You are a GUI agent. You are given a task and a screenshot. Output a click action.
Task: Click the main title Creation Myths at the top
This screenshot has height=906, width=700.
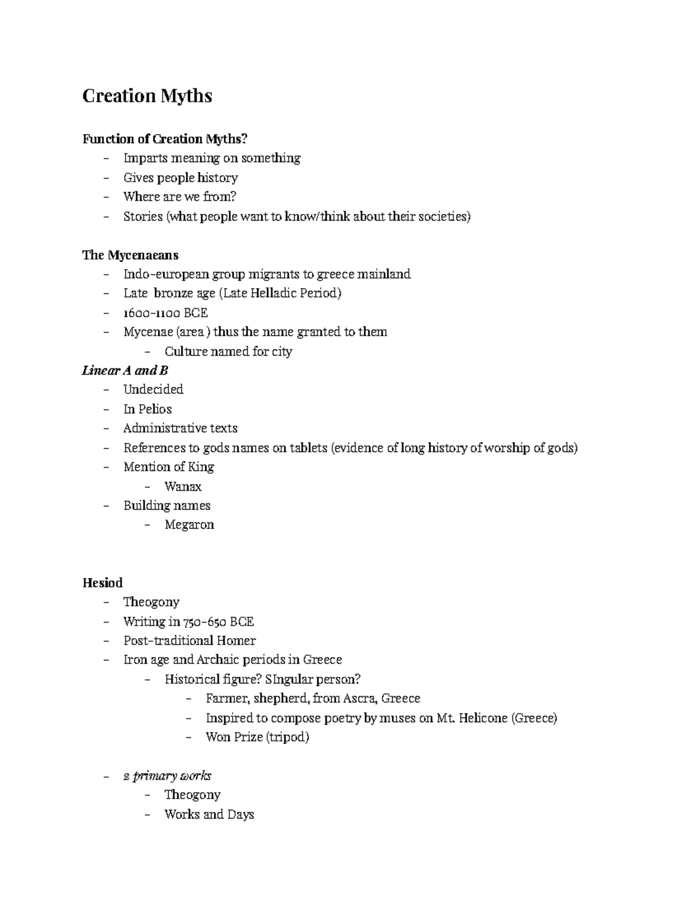147,96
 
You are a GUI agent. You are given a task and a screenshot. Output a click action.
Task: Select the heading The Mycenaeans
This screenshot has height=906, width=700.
130,255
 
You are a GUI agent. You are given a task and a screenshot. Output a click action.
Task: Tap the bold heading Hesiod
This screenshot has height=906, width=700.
103,583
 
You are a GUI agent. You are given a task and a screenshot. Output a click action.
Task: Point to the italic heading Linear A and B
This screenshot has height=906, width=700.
125,370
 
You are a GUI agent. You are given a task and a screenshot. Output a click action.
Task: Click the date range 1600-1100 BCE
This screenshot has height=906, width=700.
166,313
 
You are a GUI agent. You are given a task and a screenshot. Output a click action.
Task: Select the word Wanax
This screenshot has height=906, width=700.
183,486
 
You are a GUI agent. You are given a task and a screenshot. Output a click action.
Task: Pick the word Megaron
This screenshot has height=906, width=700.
190,524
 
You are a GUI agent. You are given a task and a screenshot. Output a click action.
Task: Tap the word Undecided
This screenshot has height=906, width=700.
153,390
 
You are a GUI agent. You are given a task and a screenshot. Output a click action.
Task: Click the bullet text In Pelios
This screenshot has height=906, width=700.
148,409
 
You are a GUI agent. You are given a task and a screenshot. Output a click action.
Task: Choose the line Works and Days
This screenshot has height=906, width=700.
209,814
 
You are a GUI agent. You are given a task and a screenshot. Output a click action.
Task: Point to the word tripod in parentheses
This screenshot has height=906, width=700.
288,737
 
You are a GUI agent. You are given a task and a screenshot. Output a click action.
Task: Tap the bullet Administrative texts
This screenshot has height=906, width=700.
180,428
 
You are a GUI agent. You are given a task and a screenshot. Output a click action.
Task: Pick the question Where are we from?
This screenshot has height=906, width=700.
180,197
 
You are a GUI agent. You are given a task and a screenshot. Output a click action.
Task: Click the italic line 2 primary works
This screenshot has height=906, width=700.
167,776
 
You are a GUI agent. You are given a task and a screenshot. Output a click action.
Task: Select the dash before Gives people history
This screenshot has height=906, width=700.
106,178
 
